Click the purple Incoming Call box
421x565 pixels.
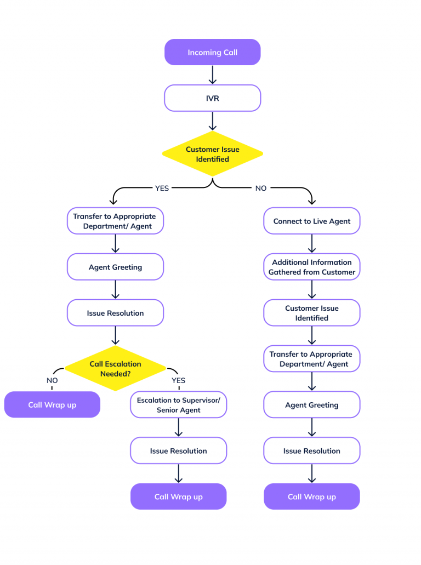(x=212, y=53)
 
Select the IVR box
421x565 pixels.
(x=212, y=99)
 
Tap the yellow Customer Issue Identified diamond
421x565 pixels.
(x=212, y=154)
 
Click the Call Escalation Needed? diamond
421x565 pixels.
(x=115, y=368)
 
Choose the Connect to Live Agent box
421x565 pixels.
(x=312, y=221)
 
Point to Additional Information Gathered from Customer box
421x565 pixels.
(x=312, y=267)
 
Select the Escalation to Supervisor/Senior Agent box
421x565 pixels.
(x=178, y=405)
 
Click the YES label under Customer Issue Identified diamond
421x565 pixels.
(x=162, y=188)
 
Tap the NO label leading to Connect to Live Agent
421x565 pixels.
(x=261, y=188)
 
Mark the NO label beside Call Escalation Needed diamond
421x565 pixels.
(x=52, y=380)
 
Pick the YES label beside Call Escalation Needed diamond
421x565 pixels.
(x=178, y=380)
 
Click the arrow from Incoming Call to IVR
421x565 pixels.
(x=212, y=75)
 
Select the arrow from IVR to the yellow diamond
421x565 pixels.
(x=212, y=121)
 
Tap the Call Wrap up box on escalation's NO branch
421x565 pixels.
(x=52, y=405)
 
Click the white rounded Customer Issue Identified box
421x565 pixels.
(x=312, y=313)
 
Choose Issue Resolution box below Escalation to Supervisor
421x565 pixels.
(x=178, y=451)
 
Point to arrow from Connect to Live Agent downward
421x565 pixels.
(x=312, y=244)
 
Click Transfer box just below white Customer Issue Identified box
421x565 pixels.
(x=312, y=359)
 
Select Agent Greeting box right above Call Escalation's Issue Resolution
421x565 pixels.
(x=115, y=267)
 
